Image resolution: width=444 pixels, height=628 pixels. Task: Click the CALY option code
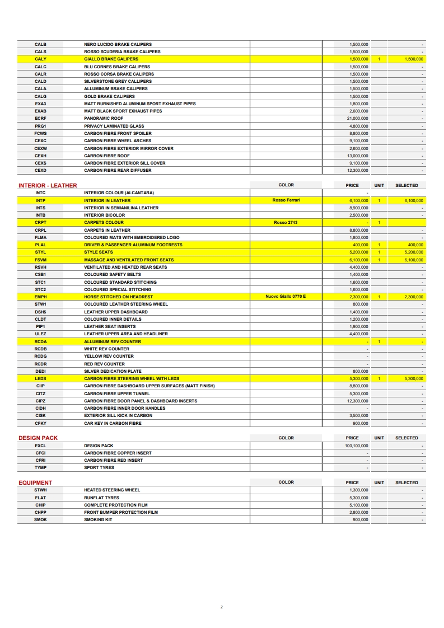tap(40, 59)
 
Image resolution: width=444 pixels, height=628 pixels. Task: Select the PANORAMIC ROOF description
tap(104, 119)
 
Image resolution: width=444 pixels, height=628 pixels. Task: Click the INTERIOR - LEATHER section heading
tap(48, 185)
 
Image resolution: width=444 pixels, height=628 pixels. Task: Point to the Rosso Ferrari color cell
tap(286, 200)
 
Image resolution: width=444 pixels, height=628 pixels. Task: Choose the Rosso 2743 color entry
tap(286, 222)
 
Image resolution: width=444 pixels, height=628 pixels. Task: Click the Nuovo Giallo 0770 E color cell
tap(286, 296)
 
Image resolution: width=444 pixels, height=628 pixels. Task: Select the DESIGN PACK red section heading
tap(38, 438)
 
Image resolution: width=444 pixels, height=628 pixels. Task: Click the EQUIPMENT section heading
tap(35, 482)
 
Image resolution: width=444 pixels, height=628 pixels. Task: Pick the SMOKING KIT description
tap(98, 519)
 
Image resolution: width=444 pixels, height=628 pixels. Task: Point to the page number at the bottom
tap(222, 607)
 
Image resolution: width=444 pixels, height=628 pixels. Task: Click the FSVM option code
tap(40, 260)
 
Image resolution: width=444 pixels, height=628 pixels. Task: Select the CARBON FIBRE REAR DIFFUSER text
tap(118, 170)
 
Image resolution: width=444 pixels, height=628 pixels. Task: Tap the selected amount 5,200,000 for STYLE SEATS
tap(414, 252)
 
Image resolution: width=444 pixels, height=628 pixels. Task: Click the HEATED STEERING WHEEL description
tap(112, 490)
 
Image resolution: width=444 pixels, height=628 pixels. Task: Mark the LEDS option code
tap(40, 378)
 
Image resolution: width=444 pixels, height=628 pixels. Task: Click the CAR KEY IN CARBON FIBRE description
tap(113, 423)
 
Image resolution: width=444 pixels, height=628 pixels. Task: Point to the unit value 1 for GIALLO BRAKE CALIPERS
tap(379, 59)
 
